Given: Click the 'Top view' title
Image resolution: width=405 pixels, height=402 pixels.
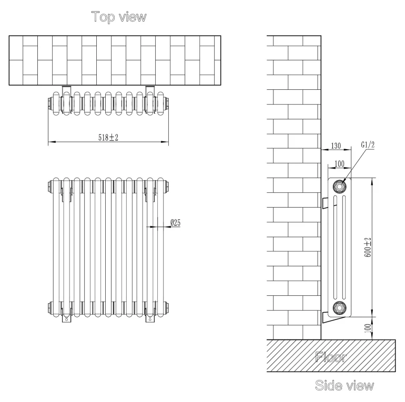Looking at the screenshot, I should pos(119,17).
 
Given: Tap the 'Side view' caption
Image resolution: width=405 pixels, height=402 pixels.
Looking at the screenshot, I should pos(345,386).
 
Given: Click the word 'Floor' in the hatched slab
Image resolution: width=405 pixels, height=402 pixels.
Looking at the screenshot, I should pos(330,358).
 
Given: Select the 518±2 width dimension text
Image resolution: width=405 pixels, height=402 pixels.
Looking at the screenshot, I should pos(108,137).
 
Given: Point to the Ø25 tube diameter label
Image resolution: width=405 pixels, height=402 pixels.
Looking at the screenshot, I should pos(176,223).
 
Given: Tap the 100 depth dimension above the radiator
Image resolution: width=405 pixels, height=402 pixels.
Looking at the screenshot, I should pos(339,164).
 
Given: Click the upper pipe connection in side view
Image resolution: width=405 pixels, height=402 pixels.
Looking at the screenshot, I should pos(339,186).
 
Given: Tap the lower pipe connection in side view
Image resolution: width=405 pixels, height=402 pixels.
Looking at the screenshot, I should pos(339,308).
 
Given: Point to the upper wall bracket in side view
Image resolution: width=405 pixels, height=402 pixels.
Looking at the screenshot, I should pos(324,202).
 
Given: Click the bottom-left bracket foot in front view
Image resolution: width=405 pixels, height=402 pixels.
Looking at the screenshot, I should pos(65,317).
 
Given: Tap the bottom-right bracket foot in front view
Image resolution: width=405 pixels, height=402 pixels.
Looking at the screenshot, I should pos(149,317).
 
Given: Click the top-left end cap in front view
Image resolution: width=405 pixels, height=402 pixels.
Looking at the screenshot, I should pos(49,185).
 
